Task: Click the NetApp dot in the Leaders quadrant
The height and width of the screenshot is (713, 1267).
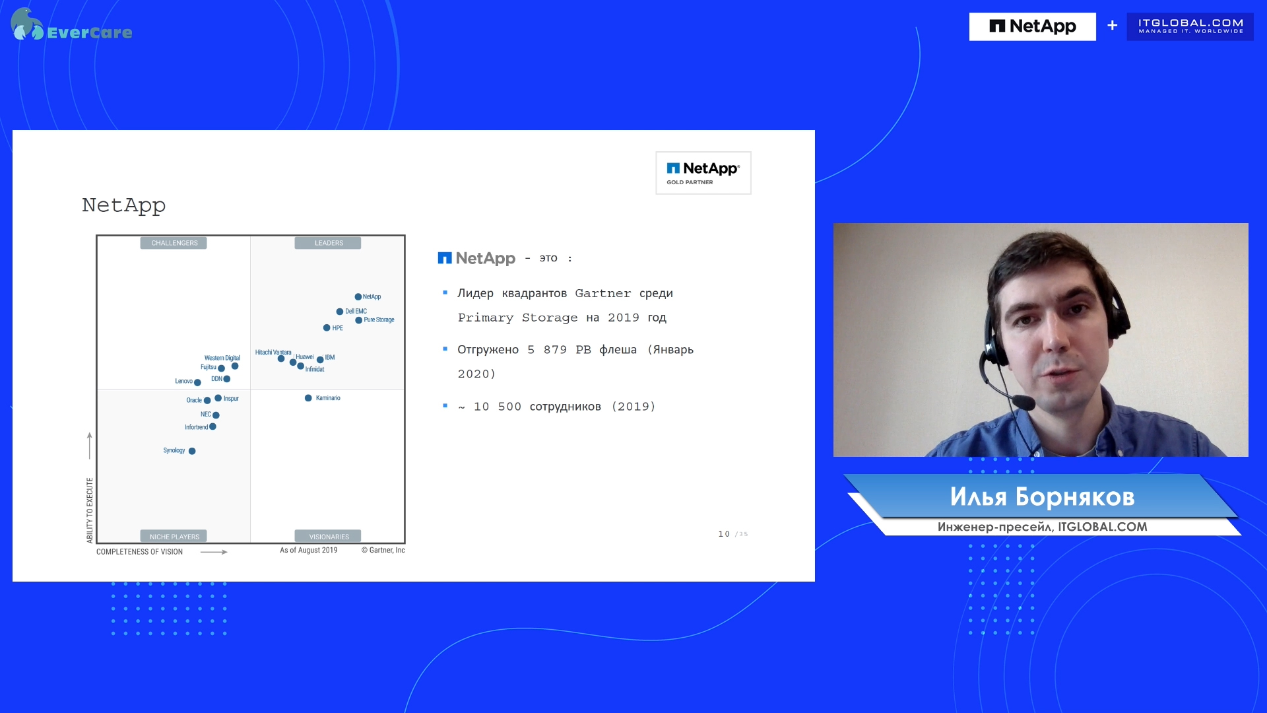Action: coord(358,297)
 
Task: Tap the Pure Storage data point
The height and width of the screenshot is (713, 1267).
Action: coord(359,320)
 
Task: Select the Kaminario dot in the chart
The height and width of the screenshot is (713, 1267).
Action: coord(308,398)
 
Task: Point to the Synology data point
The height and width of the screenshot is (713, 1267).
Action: coord(192,452)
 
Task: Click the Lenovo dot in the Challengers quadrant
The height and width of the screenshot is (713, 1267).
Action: coord(197,382)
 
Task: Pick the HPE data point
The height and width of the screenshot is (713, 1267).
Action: coord(327,328)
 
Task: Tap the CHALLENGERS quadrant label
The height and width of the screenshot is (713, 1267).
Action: coord(174,243)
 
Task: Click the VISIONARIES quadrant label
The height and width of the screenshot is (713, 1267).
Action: coord(329,537)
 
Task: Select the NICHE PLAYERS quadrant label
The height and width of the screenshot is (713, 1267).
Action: coord(174,537)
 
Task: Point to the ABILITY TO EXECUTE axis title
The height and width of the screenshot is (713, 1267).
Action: coord(90,510)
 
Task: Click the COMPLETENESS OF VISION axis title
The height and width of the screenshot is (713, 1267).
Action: coord(139,552)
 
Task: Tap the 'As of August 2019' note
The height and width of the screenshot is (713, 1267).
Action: coord(308,550)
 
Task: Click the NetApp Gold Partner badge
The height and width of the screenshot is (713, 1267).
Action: coord(703,173)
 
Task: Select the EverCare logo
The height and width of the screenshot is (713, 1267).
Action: coord(71,25)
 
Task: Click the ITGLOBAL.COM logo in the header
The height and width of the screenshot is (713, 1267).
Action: coord(1190,26)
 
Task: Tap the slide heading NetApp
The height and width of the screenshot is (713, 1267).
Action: coord(123,205)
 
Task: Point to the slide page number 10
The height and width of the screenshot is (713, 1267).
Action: coord(724,534)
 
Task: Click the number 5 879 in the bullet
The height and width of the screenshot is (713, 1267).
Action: coord(547,350)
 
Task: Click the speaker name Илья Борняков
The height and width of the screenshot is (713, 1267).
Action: coord(1042,497)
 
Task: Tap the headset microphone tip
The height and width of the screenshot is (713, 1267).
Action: coord(1023,401)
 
